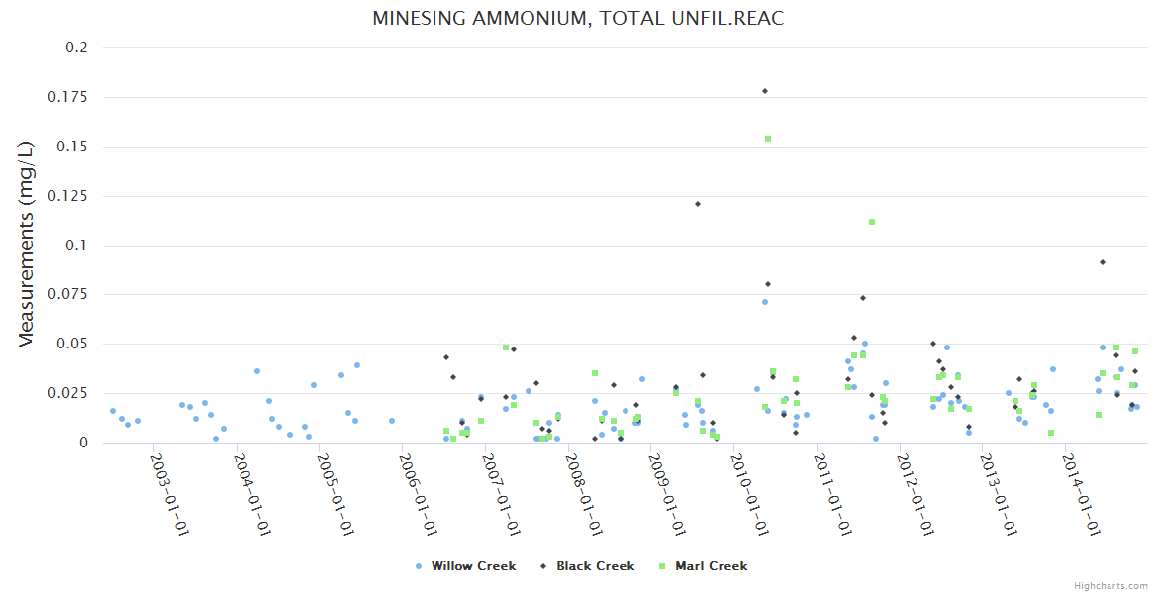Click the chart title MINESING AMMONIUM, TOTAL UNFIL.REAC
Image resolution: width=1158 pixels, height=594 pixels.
click(578, 19)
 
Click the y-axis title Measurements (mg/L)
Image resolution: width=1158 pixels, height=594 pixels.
click(27, 244)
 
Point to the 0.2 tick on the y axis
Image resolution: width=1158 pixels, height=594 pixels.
click(76, 48)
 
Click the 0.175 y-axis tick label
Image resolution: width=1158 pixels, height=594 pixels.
click(68, 97)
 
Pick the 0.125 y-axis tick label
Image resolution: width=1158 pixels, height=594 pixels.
click(68, 196)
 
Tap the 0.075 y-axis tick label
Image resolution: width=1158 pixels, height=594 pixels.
click(68, 295)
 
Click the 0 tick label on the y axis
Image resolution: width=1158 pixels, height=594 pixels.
click(83, 444)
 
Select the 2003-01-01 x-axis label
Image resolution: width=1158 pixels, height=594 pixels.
click(169, 494)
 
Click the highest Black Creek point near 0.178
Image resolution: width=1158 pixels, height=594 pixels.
click(765, 91)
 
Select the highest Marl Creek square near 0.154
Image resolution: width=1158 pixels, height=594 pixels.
click(768, 139)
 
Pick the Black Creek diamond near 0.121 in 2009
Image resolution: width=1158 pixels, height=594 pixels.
click(698, 204)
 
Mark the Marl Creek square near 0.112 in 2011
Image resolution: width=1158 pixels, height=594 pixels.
click(872, 222)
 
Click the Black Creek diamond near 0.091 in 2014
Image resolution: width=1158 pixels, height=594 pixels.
click(1103, 262)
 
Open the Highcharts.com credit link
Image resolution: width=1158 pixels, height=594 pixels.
click(1110, 585)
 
